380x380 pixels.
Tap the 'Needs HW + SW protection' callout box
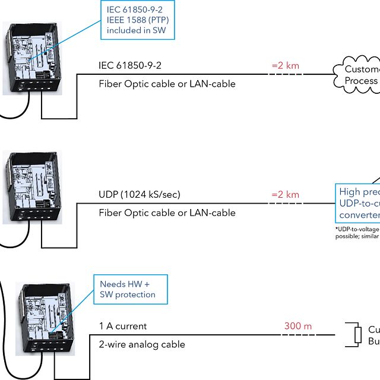(131, 289)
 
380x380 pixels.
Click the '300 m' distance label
(297, 326)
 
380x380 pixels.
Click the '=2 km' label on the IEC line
(285, 65)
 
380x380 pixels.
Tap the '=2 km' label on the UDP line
(285, 194)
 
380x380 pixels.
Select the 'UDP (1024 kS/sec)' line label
(140, 195)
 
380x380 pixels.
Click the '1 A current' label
(122, 326)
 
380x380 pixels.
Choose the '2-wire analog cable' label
(141, 344)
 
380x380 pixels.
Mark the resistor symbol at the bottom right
(357, 335)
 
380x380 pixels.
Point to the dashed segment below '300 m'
(297, 335)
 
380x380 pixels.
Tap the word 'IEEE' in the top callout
(118, 20)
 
